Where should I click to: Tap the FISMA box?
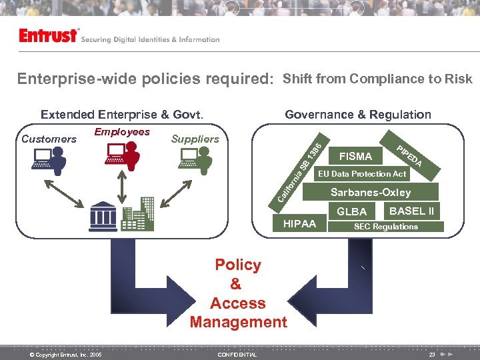355,157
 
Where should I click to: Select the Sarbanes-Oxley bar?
371,193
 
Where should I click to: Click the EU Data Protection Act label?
361,174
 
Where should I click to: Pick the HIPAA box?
300,224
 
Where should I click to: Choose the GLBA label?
352,212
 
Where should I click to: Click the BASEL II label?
411,211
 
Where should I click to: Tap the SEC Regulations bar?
386,227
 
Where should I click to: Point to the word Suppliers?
195,139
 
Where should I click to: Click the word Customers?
49,139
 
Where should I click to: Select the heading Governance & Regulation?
357,115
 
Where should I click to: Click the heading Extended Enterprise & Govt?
122,115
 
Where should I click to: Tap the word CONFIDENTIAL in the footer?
237,355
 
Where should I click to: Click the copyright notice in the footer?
66,355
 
